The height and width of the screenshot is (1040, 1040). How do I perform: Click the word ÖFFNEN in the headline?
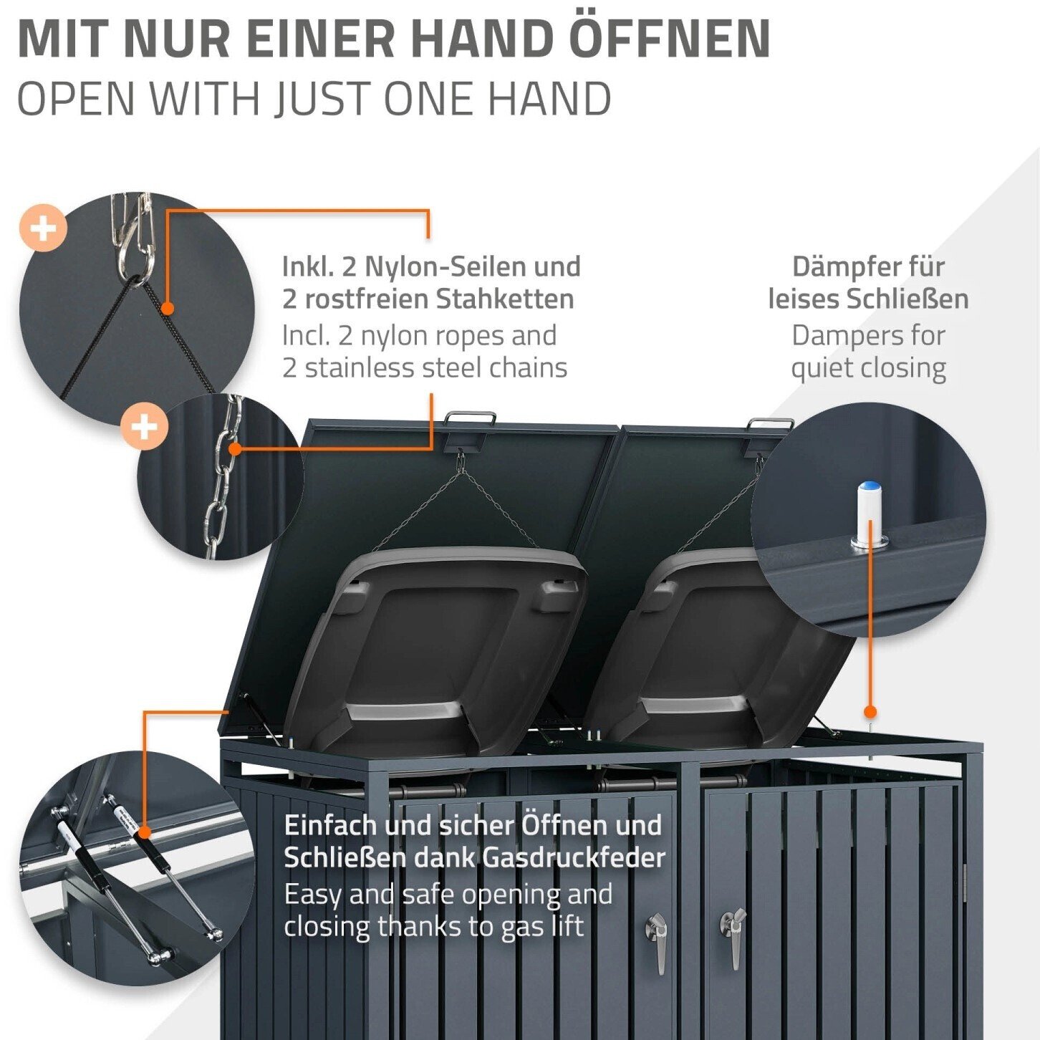(670, 39)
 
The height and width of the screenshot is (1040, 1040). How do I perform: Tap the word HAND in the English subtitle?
(549, 99)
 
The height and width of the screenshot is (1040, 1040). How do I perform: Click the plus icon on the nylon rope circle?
(43, 228)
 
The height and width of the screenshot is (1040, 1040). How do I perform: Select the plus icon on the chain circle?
(144, 427)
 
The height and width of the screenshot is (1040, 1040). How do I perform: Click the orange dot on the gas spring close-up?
(144, 832)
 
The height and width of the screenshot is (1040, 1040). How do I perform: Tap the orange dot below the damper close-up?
(870, 712)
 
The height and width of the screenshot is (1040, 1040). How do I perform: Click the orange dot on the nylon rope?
(168, 309)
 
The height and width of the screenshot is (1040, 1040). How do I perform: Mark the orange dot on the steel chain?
(235, 449)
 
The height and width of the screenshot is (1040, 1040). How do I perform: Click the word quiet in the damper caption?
(822, 368)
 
